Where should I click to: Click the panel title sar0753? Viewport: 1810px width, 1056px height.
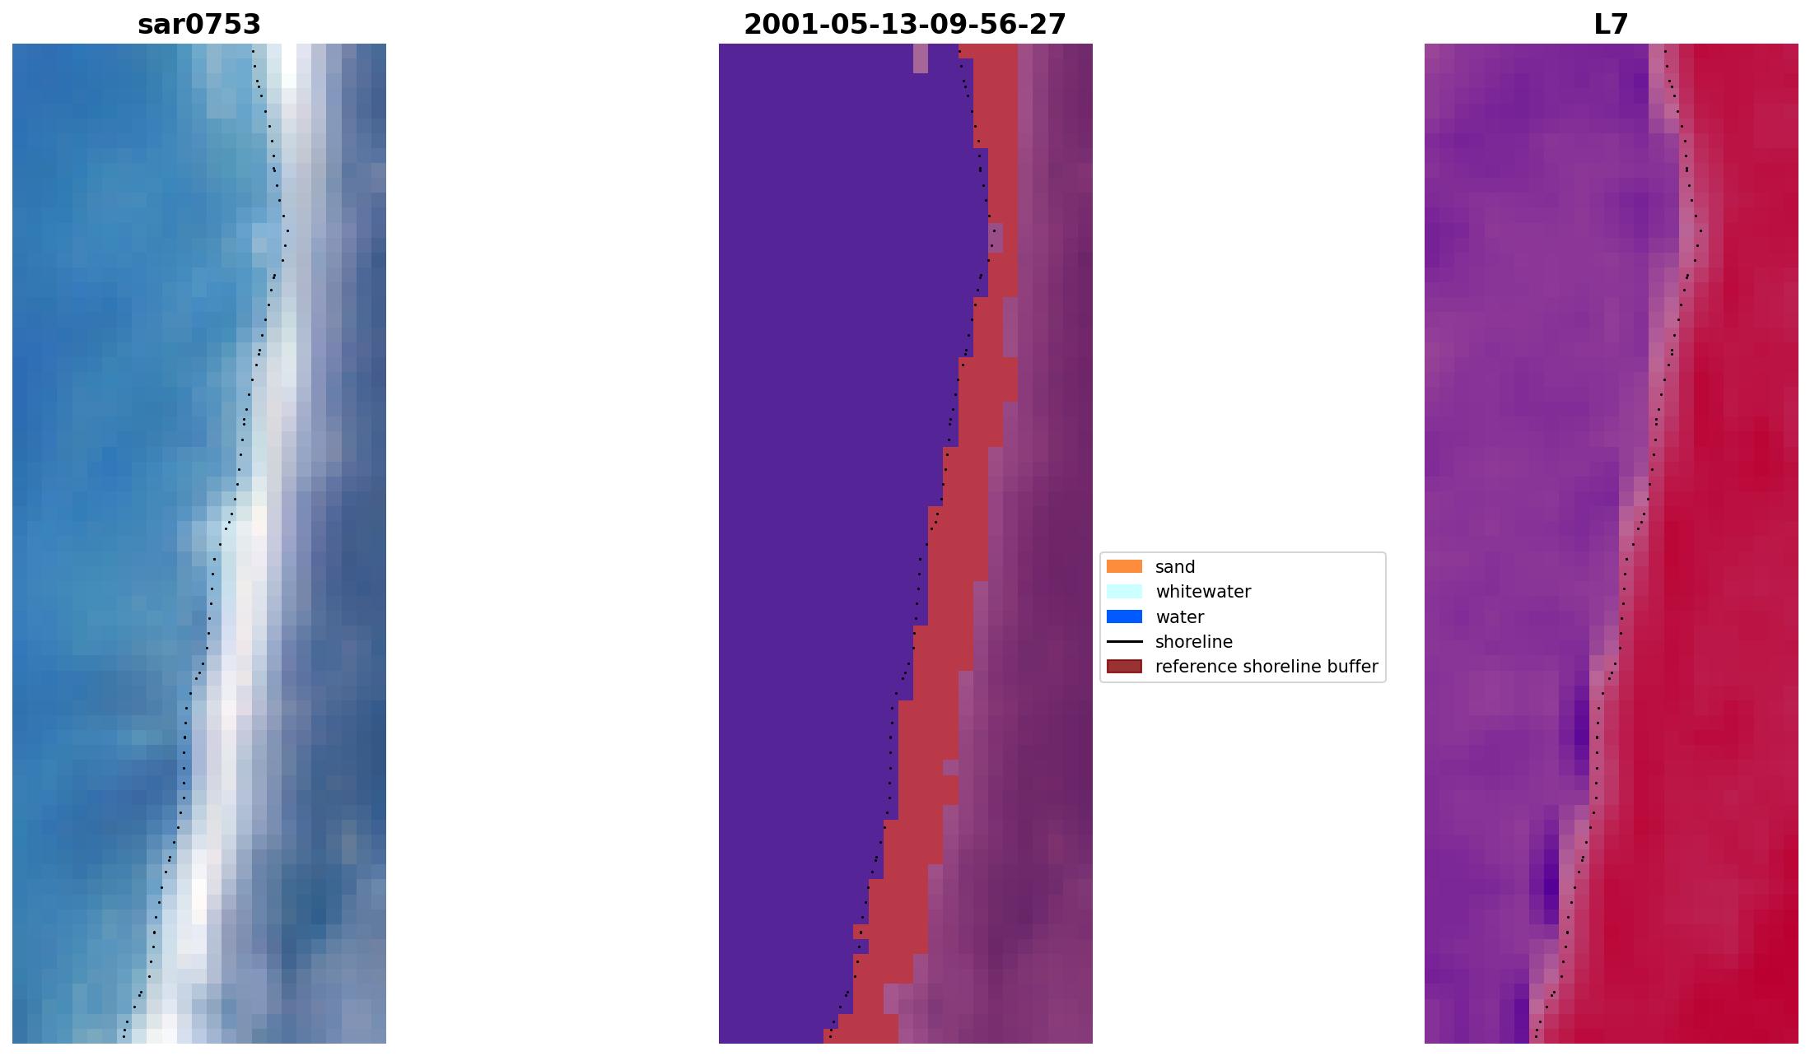point(199,25)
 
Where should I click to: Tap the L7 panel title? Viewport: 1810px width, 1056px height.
point(1611,25)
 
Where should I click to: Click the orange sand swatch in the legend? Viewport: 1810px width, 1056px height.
point(1124,566)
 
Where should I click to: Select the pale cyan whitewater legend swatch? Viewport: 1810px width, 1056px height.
point(1124,592)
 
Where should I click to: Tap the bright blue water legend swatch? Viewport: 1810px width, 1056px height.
point(1124,616)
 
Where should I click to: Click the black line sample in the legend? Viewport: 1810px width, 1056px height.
point(1124,642)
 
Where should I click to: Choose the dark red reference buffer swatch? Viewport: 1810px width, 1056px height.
point(1124,667)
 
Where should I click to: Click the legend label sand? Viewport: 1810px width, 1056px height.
point(1175,567)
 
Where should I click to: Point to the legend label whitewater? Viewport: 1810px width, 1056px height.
point(1203,592)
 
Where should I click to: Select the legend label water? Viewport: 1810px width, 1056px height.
point(1179,617)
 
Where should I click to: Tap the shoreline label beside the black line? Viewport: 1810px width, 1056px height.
point(1193,642)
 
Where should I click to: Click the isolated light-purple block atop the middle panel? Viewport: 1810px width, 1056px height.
point(921,58)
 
